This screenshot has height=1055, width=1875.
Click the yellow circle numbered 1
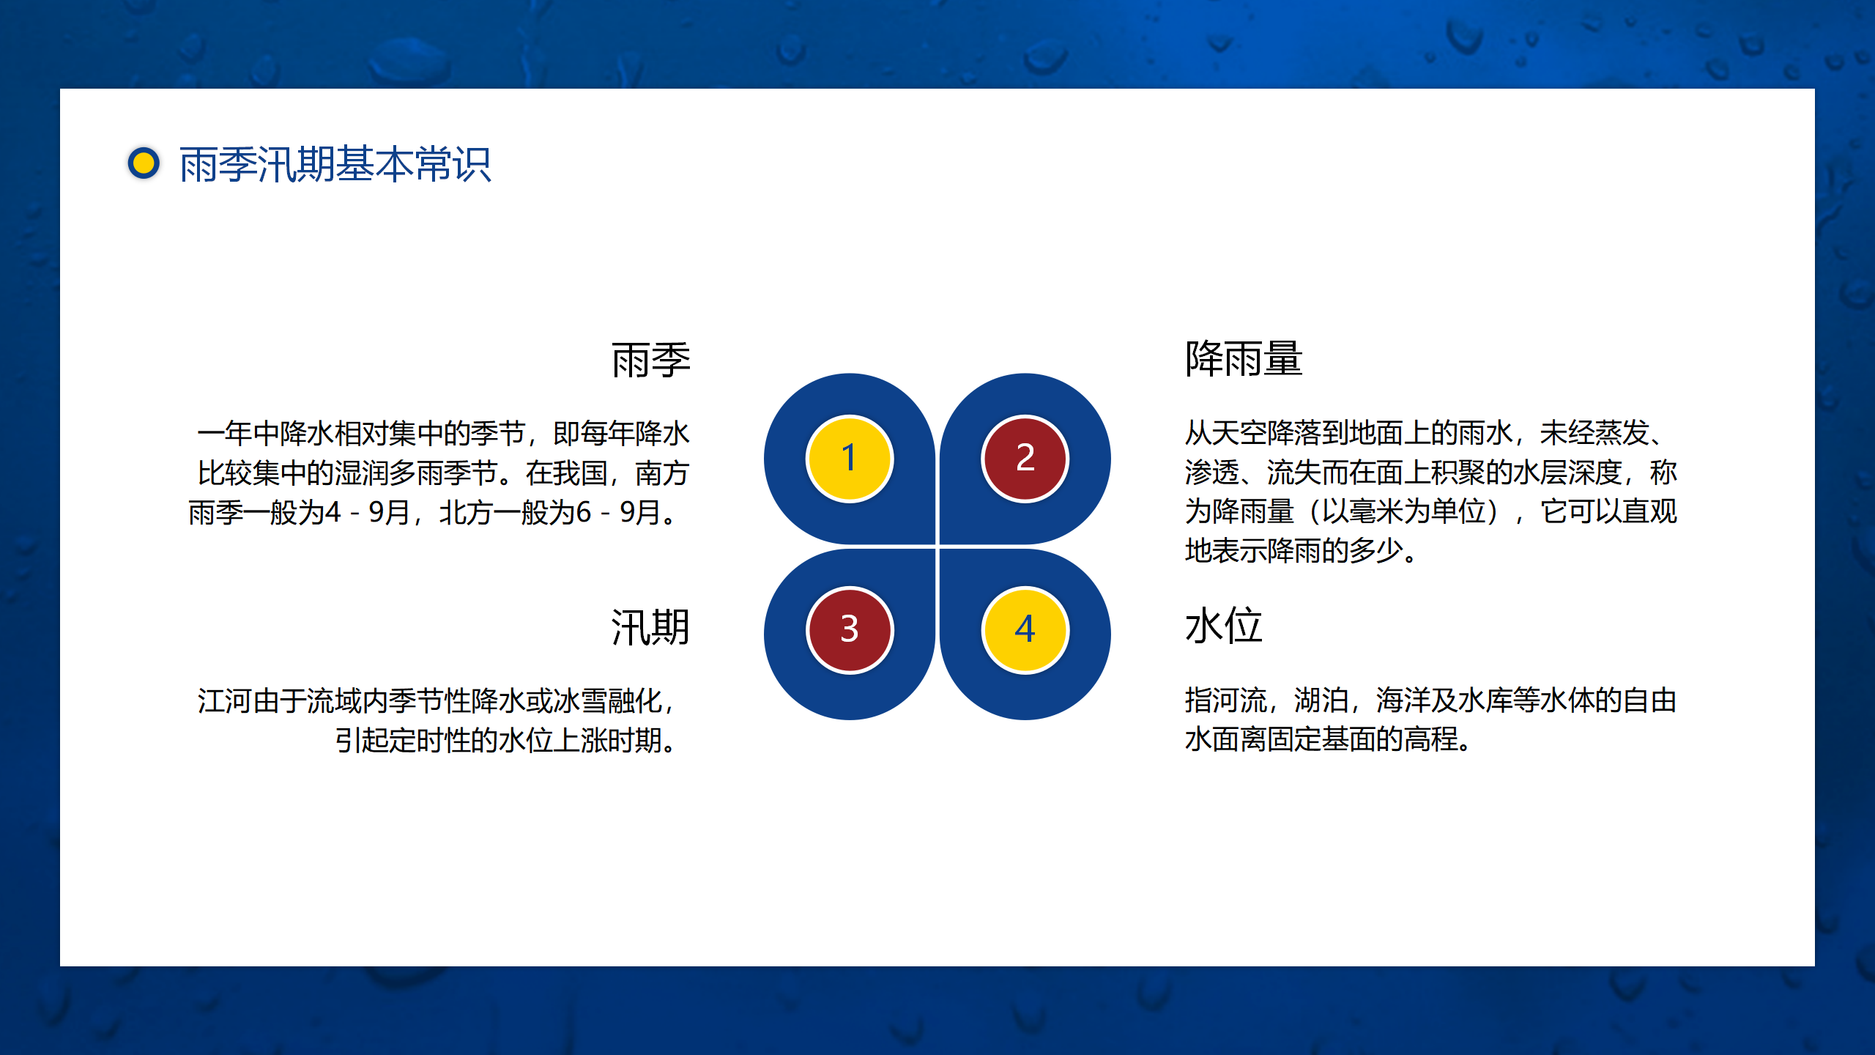tap(850, 459)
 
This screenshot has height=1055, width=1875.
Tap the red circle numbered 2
tap(1025, 459)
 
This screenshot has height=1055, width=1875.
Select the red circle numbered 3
tap(850, 630)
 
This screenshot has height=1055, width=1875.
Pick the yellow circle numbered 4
tap(1025, 630)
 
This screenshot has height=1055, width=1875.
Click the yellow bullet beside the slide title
tap(144, 163)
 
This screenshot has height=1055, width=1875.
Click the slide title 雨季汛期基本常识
tap(335, 164)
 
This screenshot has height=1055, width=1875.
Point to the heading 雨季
tap(651, 360)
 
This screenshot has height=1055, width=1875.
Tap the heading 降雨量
tap(1244, 359)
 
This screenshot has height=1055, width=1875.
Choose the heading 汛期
tap(651, 627)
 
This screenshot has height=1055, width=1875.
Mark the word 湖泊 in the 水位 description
tap(1321, 700)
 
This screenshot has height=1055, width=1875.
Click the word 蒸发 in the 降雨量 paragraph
tap(1621, 433)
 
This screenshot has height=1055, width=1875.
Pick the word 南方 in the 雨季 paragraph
tap(663, 473)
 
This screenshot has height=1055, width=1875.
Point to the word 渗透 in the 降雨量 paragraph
tap(1212, 473)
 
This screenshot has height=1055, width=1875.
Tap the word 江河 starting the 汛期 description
tap(225, 701)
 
